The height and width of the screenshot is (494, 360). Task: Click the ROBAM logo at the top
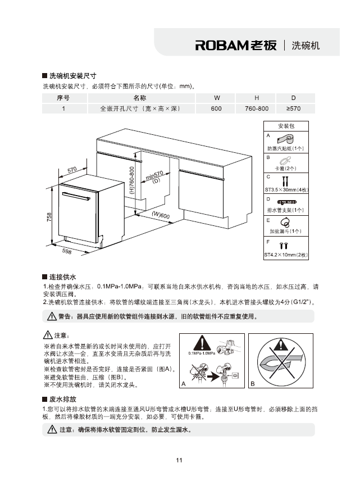[236, 46]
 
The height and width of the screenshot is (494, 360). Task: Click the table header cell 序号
[63, 98]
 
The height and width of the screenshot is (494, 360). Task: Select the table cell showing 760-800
[257, 108]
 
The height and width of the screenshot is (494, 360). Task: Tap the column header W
[216, 98]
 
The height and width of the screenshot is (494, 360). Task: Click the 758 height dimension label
[49, 216]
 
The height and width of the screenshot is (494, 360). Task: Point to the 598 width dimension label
[67, 251]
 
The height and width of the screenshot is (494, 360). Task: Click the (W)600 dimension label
[161, 215]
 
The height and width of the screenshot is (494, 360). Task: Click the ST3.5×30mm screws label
[286, 189]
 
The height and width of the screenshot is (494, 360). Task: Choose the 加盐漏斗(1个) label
[286, 231]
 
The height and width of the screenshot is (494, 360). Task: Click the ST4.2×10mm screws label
[286, 255]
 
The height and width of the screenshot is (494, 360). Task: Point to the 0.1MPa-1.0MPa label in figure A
[202, 353]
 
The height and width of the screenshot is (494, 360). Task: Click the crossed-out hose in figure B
[281, 360]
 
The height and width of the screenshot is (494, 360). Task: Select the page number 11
[180, 461]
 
